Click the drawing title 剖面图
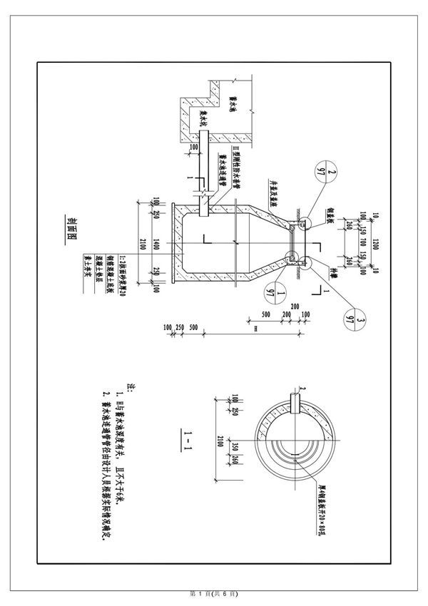coord(73,228)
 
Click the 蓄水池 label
coord(233,108)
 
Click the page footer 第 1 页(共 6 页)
coord(213,593)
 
